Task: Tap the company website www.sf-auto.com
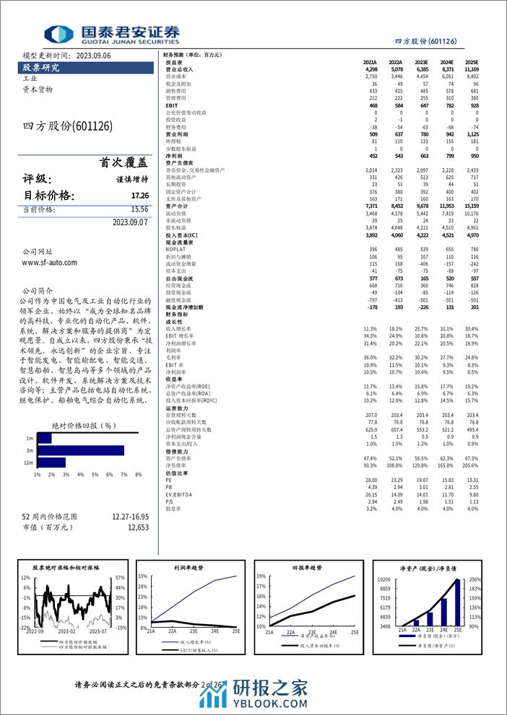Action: click(x=50, y=263)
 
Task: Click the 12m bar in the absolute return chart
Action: click(x=51, y=462)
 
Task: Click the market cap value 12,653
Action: click(x=138, y=527)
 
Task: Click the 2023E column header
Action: click(x=420, y=62)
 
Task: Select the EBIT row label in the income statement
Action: click(x=171, y=105)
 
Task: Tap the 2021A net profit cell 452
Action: click(x=371, y=155)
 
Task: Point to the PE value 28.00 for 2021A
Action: click(x=371, y=480)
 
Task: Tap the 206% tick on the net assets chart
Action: click(x=475, y=579)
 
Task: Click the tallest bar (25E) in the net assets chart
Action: click(x=457, y=602)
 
